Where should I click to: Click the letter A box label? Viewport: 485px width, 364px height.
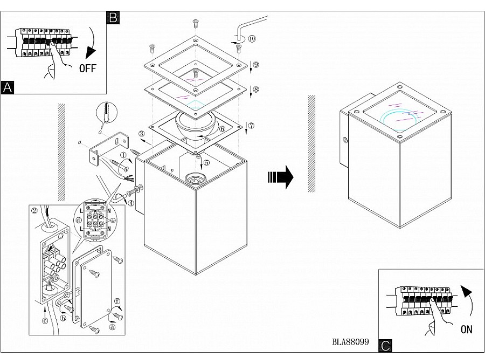click(x=8, y=87)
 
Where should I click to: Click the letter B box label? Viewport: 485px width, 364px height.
click(x=113, y=17)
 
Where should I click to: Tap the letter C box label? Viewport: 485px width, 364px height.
click(x=385, y=346)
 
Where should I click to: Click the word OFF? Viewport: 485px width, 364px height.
click(x=88, y=68)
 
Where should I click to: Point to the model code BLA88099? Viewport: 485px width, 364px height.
click(x=350, y=342)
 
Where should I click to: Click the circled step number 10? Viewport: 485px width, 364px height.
click(x=252, y=39)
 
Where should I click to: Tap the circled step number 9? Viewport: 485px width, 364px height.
click(x=256, y=65)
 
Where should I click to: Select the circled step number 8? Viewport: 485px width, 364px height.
click(x=256, y=90)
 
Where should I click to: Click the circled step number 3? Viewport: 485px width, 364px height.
click(x=141, y=134)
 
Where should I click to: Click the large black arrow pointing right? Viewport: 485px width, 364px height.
click(x=280, y=177)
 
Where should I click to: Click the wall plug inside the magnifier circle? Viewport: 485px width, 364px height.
click(x=106, y=114)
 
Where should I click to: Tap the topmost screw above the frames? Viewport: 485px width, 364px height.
click(x=195, y=23)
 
